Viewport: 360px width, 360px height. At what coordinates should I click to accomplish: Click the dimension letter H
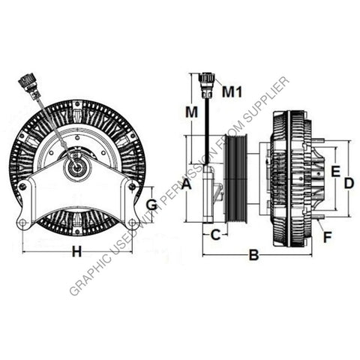click(76, 252)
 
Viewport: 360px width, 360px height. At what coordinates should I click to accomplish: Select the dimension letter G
click(151, 203)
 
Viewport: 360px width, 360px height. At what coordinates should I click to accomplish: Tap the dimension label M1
click(232, 92)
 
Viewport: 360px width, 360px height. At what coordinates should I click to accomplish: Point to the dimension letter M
click(191, 112)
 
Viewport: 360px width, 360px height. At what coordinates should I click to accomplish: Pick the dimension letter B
click(253, 256)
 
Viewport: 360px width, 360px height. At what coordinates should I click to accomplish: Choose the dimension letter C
click(215, 234)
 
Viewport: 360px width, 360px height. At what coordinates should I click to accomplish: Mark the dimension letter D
click(348, 181)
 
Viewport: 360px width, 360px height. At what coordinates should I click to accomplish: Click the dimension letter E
click(335, 172)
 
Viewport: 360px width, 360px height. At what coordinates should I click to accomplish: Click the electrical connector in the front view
click(30, 85)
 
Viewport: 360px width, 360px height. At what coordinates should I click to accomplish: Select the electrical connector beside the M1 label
click(205, 84)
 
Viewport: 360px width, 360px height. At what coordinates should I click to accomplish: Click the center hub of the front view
click(76, 167)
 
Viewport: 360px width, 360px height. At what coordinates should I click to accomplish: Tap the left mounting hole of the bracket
click(23, 223)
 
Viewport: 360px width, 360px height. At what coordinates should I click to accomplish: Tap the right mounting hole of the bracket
click(133, 223)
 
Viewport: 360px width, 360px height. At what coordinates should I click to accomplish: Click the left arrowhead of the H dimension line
click(25, 252)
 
